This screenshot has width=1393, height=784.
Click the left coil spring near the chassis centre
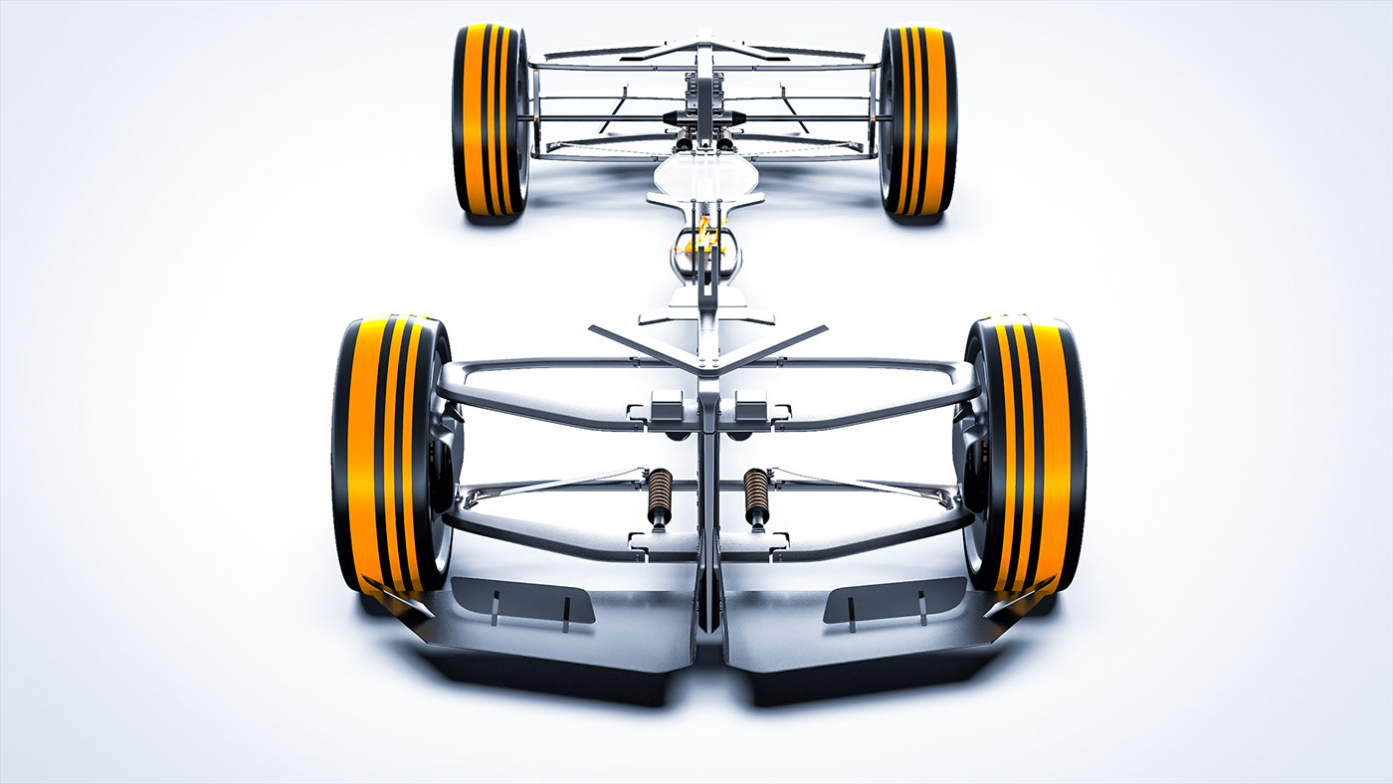point(660,495)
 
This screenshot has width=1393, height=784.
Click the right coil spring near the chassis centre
point(756,494)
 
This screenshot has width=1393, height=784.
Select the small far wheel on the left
point(490,119)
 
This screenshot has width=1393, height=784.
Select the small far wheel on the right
point(917,119)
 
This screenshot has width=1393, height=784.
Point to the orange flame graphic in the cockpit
point(707,235)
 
